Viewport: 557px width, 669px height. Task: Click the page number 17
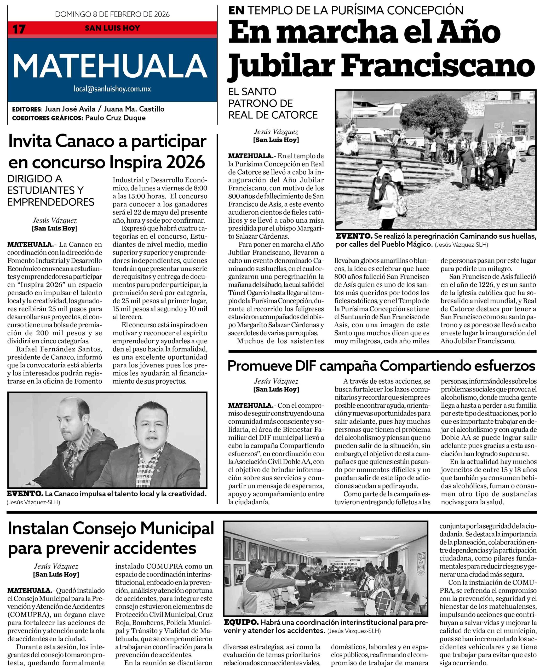[19, 29]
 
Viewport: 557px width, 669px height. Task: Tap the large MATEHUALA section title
[110, 66]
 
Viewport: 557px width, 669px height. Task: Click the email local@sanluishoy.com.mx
[112, 89]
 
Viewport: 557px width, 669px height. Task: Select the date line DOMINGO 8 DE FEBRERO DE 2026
[112, 14]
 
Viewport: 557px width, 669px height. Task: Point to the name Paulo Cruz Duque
[115, 118]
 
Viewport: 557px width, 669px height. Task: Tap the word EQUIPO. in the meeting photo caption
[241, 622]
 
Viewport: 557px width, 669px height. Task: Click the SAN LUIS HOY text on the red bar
[112, 28]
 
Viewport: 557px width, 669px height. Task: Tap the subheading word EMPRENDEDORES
[51, 202]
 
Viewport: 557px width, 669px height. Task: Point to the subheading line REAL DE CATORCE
[273, 115]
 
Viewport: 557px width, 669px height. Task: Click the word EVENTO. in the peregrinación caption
[354, 236]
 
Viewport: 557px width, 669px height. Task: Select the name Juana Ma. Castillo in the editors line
[134, 109]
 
